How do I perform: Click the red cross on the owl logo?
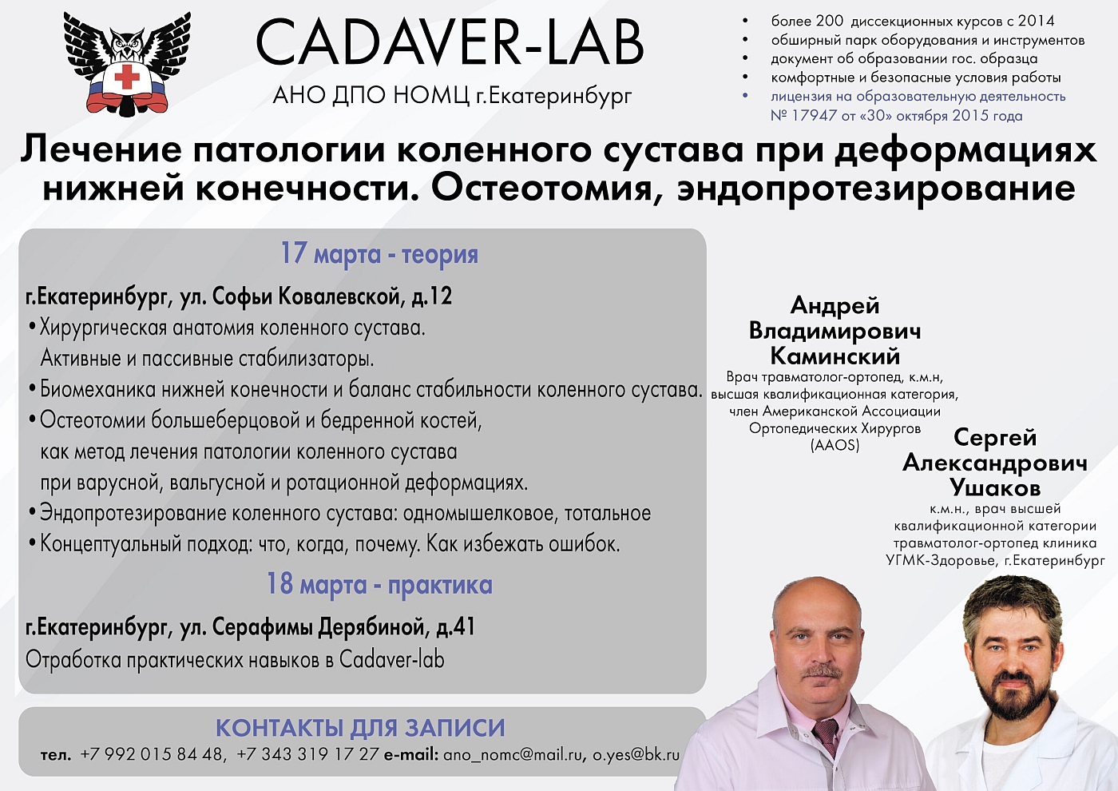coord(128,77)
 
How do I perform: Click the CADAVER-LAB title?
coord(450,43)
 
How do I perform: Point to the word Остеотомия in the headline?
coord(542,188)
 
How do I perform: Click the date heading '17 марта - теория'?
coord(379,253)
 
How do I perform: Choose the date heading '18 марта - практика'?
coord(379,584)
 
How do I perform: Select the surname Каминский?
coord(835,356)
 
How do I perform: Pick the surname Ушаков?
coord(995,487)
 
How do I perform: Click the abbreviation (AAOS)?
coord(835,445)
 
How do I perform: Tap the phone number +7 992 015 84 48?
coord(152,754)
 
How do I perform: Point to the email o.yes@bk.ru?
coord(636,754)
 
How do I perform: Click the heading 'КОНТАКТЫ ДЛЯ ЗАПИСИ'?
coord(360,728)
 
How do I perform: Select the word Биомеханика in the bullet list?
coord(97,390)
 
